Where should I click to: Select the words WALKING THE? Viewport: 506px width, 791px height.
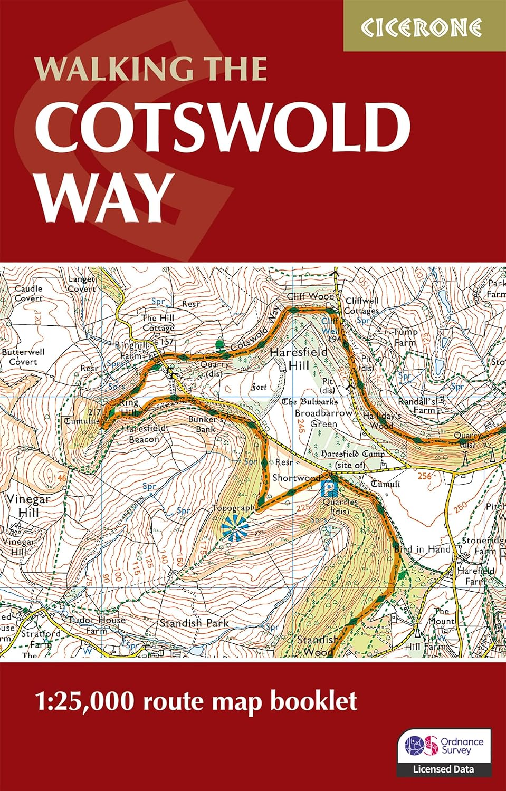[x=150, y=69]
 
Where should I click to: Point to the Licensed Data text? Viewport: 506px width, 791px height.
[x=444, y=769]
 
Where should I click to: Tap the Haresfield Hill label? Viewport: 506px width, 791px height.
[x=298, y=358]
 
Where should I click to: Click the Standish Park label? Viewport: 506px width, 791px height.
[x=194, y=623]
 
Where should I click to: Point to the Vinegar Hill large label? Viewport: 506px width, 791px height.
[x=28, y=505]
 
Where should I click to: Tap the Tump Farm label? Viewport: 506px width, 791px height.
[x=406, y=337]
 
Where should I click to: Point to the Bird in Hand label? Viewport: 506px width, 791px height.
[x=423, y=549]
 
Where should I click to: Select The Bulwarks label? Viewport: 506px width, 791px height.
[x=310, y=402]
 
